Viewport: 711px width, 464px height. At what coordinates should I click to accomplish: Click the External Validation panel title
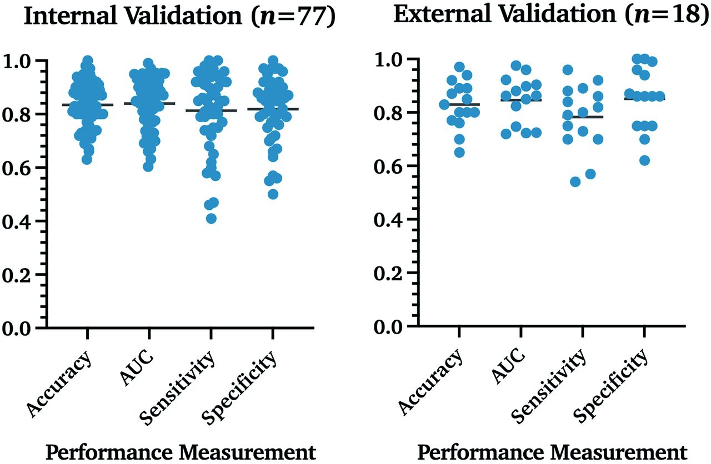coord(551,15)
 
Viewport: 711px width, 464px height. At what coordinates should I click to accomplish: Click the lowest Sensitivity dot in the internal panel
coord(211,218)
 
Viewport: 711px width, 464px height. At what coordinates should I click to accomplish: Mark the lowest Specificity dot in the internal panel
coord(273,194)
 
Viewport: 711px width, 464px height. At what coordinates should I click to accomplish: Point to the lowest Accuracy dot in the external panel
coord(459,153)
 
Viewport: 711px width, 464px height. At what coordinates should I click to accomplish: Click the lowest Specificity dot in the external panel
coord(644,160)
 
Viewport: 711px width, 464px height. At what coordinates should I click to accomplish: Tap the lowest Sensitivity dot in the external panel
coord(575,181)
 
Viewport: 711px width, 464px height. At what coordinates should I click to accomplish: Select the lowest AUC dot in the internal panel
coord(148,167)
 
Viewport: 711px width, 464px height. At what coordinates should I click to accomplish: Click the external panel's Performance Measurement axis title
coord(550,451)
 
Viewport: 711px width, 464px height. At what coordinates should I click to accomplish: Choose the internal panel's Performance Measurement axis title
coord(180,452)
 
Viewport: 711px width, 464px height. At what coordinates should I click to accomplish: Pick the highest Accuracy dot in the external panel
coord(459,67)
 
